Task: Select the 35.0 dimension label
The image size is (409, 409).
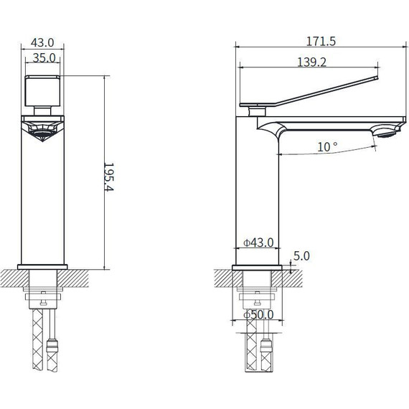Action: [x=44, y=58]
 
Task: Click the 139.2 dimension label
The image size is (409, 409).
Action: [x=311, y=62]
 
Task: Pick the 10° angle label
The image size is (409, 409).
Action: [x=327, y=146]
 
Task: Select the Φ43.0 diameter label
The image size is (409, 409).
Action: [x=258, y=243]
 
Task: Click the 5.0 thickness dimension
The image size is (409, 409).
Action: [x=301, y=255]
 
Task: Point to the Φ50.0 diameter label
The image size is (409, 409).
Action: [x=258, y=315]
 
